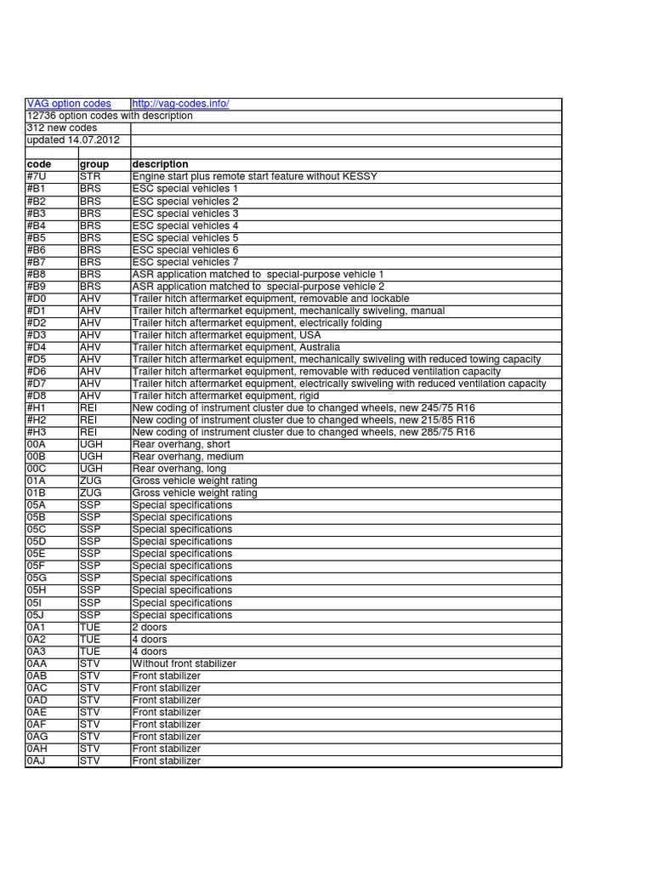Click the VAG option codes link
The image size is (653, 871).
(69, 104)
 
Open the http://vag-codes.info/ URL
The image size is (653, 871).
(180, 104)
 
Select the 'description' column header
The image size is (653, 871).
(161, 164)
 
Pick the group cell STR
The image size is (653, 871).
(90, 176)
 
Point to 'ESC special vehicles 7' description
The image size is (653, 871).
(185, 262)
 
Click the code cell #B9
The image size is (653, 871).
(38, 287)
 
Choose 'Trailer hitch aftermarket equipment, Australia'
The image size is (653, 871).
(236, 347)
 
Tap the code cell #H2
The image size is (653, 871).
(38, 420)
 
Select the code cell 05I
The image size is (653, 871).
(35, 602)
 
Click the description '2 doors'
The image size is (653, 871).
(150, 627)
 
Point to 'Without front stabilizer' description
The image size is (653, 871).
(185, 663)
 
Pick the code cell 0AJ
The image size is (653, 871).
(37, 760)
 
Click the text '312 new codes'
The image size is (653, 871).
(62, 128)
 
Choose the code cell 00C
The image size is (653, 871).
(37, 469)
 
